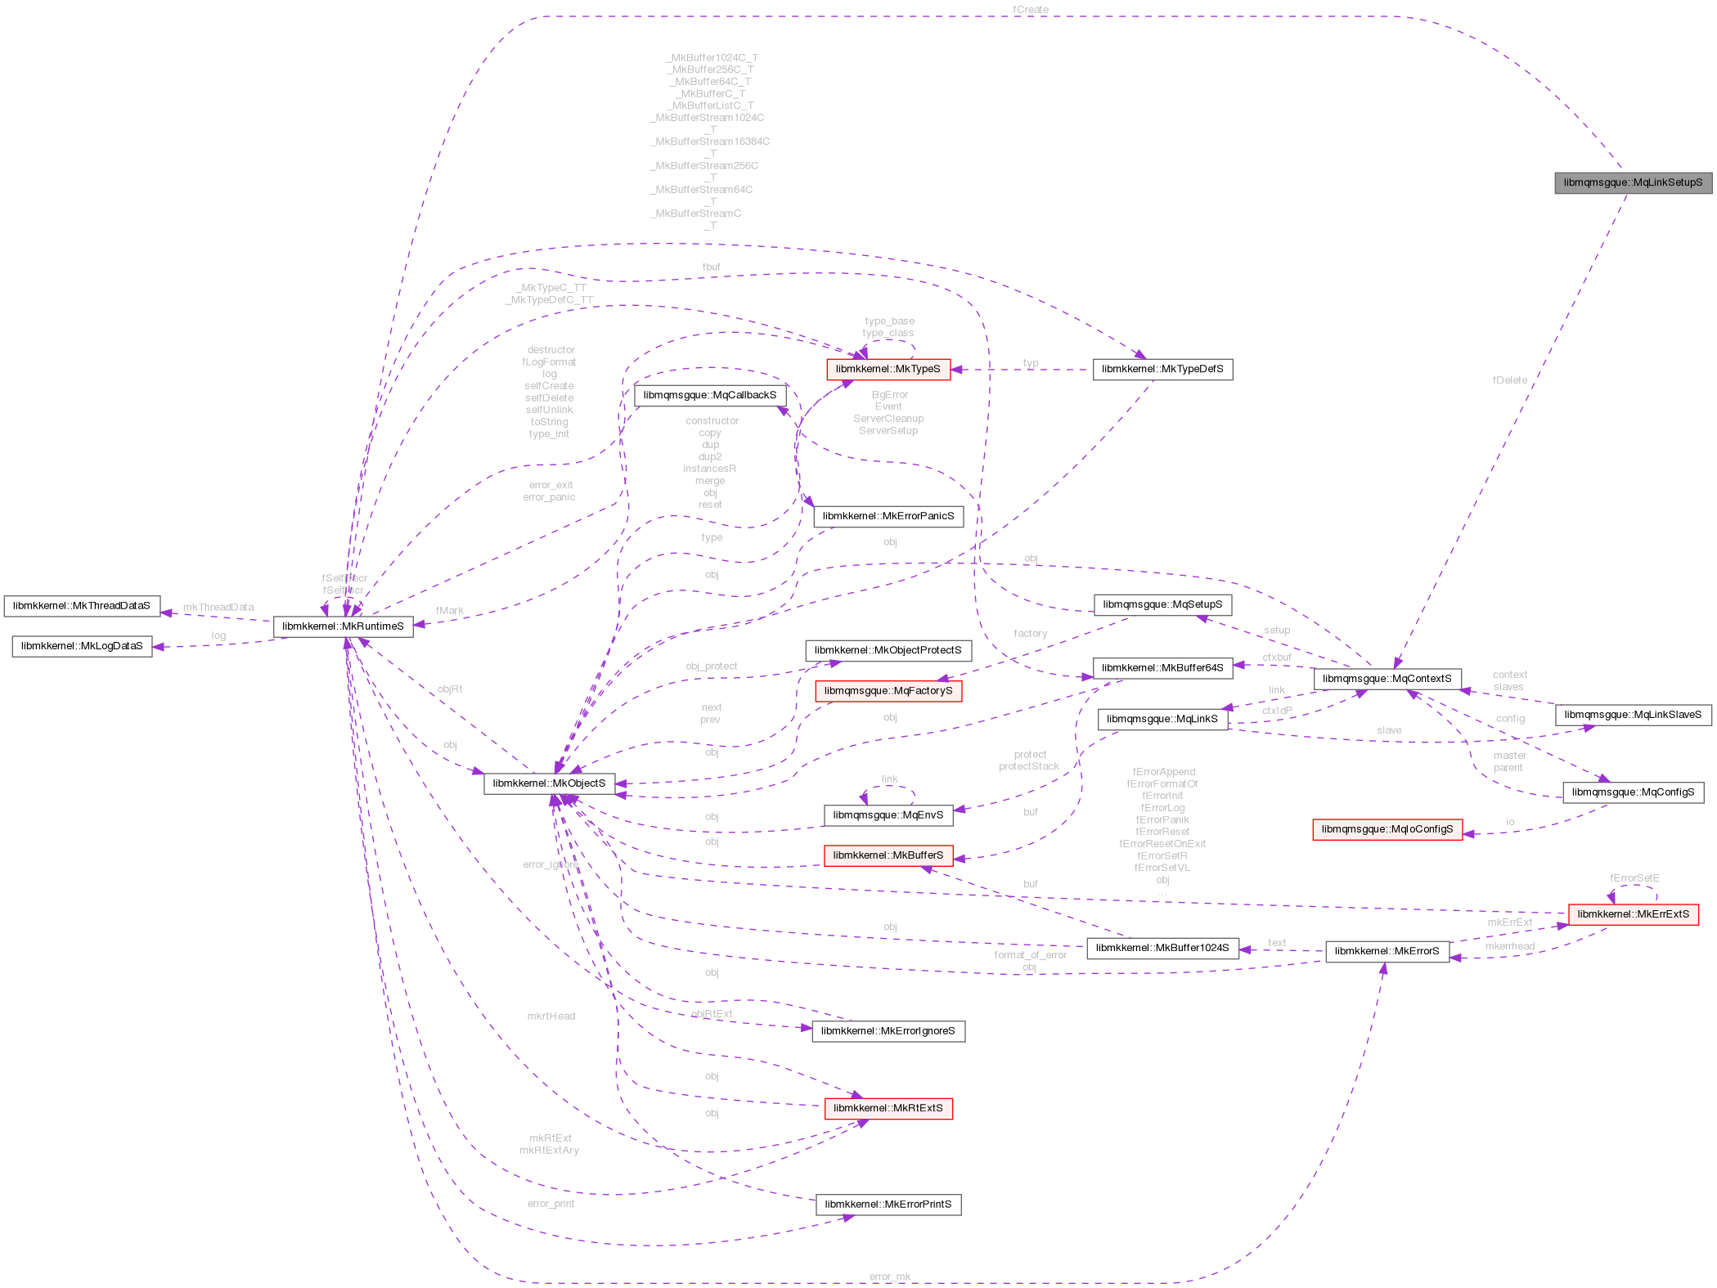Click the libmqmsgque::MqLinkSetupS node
pos(1632,182)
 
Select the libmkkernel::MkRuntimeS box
pos(343,626)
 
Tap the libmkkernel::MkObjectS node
pos(549,783)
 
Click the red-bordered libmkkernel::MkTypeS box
pos(888,369)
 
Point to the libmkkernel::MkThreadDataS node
pos(82,606)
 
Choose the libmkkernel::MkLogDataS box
pos(82,646)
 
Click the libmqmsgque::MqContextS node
pos(1387,679)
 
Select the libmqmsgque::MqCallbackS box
pos(709,396)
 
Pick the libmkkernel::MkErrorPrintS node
pos(888,1205)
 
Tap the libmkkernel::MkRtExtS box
pos(888,1108)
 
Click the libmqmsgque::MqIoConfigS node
pos(1387,829)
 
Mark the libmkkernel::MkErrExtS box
pos(1633,914)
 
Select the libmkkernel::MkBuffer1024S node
pos(1162,948)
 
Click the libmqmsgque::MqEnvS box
pos(888,815)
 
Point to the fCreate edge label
pos(1030,10)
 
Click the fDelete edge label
pos(1509,380)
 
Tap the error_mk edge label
pos(890,1277)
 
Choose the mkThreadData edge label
pos(218,607)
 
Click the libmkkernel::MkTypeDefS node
pos(1162,369)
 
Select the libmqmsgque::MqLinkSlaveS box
pos(1632,715)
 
